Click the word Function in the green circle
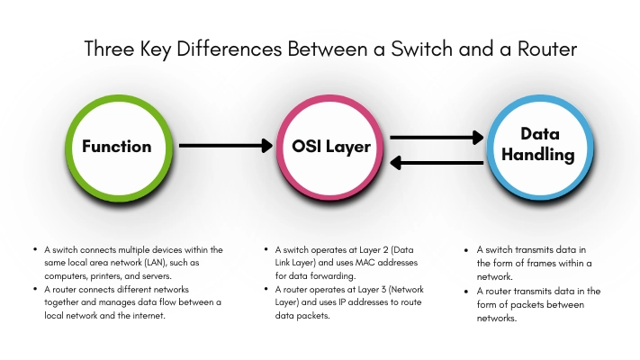point(116,146)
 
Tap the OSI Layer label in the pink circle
point(330,146)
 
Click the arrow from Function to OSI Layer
point(226,145)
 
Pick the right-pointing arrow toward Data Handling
point(437,138)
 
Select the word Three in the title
point(109,49)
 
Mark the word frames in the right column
point(534,263)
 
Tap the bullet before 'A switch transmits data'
point(467,249)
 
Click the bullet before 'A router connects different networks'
point(35,289)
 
